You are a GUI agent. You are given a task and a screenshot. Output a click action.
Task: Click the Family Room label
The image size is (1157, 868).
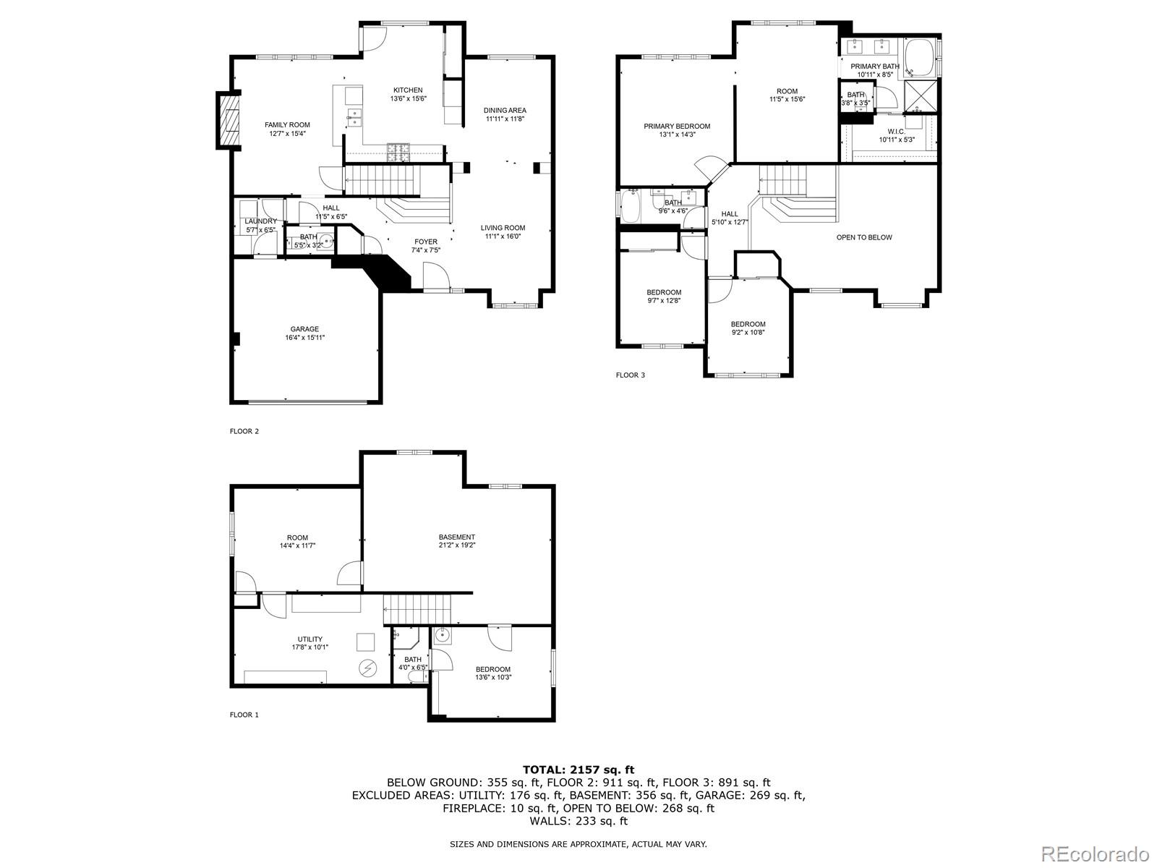click(x=287, y=125)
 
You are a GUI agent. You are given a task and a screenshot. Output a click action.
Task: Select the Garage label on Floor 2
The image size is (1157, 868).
click(x=304, y=329)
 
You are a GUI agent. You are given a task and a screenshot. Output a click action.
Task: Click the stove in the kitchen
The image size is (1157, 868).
click(x=398, y=152)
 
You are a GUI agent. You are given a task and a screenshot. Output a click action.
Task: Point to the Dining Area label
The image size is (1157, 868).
click(x=505, y=111)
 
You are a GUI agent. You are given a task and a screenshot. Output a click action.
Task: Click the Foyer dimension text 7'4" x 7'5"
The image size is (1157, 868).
click(x=425, y=250)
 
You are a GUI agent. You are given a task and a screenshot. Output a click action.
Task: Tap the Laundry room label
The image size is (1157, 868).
click(x=260, y=221)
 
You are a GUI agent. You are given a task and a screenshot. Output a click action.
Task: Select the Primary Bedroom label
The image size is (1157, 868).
click(x=677, y=126)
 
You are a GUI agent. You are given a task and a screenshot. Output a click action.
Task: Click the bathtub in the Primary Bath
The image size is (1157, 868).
click(x=918, y=59)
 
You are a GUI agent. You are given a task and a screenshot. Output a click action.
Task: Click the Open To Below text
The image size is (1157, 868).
click(x=864, y=237)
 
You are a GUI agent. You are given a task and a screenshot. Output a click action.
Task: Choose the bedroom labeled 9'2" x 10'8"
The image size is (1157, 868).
click(x=748, y=328)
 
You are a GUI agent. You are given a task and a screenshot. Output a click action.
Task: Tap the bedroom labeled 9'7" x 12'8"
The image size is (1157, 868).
click(x=663, y=296)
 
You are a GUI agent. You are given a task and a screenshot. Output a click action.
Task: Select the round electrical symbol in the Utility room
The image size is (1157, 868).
click(x=367, y=668)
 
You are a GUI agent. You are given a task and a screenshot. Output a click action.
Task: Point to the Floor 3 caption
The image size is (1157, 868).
click(x=630, y=375)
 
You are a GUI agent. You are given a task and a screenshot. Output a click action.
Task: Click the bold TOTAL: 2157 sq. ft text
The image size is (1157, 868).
click(x=578, y=770)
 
